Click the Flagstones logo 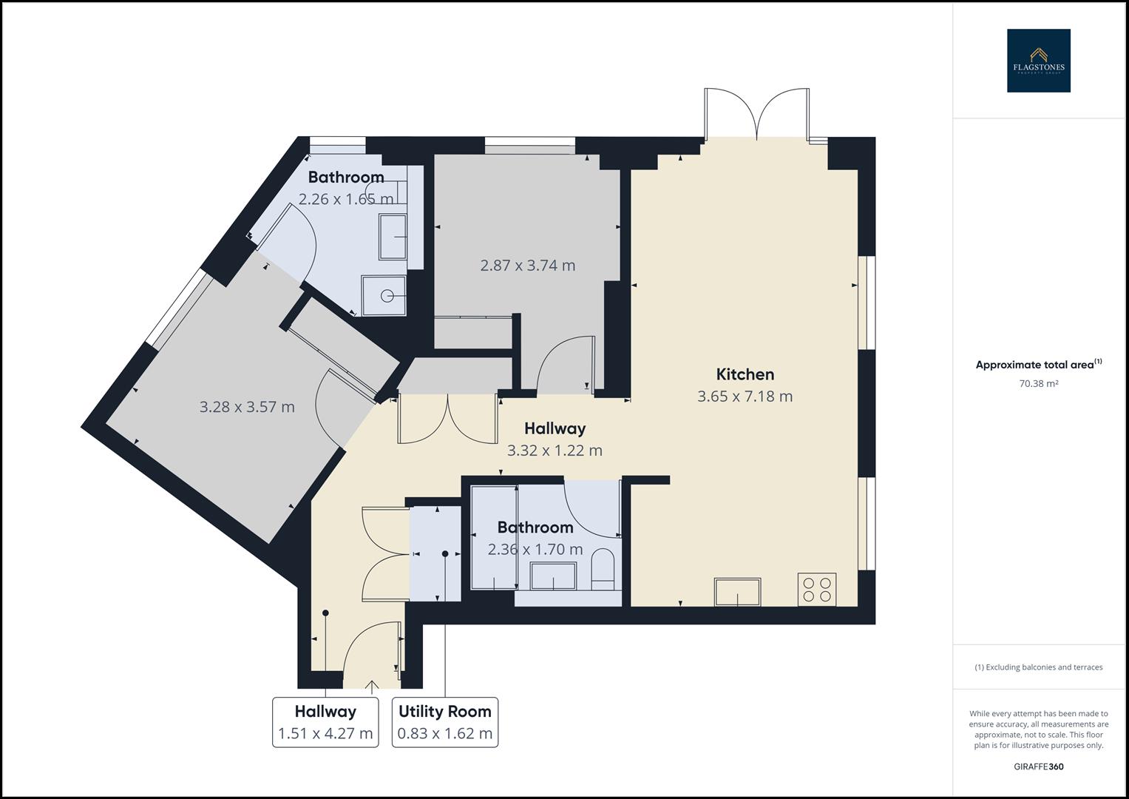1038,61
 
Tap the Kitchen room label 745,374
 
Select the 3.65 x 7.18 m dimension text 745,397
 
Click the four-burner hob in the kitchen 816,589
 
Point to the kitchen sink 737,592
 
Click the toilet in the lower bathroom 603,570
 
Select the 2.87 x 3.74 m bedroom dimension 527,266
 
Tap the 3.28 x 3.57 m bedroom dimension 247,407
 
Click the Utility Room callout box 444,722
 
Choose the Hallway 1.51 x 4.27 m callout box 325,722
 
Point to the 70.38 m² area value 1038,383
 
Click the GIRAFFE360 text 1038,766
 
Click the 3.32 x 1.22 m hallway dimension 555,451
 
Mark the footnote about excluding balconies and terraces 1038,667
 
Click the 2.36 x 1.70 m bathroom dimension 535,550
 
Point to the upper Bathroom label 346,178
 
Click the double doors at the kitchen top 756,115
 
